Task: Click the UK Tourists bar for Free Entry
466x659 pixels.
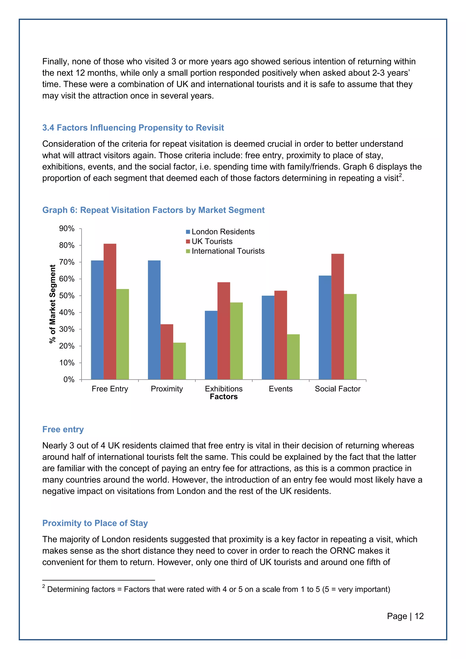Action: tap(110, 312)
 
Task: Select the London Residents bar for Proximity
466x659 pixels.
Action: tap(154, 320)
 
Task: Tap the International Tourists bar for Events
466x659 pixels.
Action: tap(293, 357)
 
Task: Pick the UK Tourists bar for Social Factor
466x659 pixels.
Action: tap(337, 316)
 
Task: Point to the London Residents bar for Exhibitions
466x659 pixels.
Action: tap(211, 345)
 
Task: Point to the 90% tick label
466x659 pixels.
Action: tap(67, 228)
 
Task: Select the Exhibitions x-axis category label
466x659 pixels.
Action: tap(223, 389)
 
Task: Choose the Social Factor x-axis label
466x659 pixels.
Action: tap(337, 389)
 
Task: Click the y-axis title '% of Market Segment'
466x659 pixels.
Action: tap(52, 304)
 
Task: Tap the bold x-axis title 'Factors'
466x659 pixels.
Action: tap(223, 397)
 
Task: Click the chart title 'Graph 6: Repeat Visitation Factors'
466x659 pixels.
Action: tap(153, 210)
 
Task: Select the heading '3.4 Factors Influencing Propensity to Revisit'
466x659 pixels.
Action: tap(133, 128)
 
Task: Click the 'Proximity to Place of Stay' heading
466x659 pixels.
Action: tap(95, 523)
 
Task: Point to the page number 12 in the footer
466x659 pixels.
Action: tap(419, 616)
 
